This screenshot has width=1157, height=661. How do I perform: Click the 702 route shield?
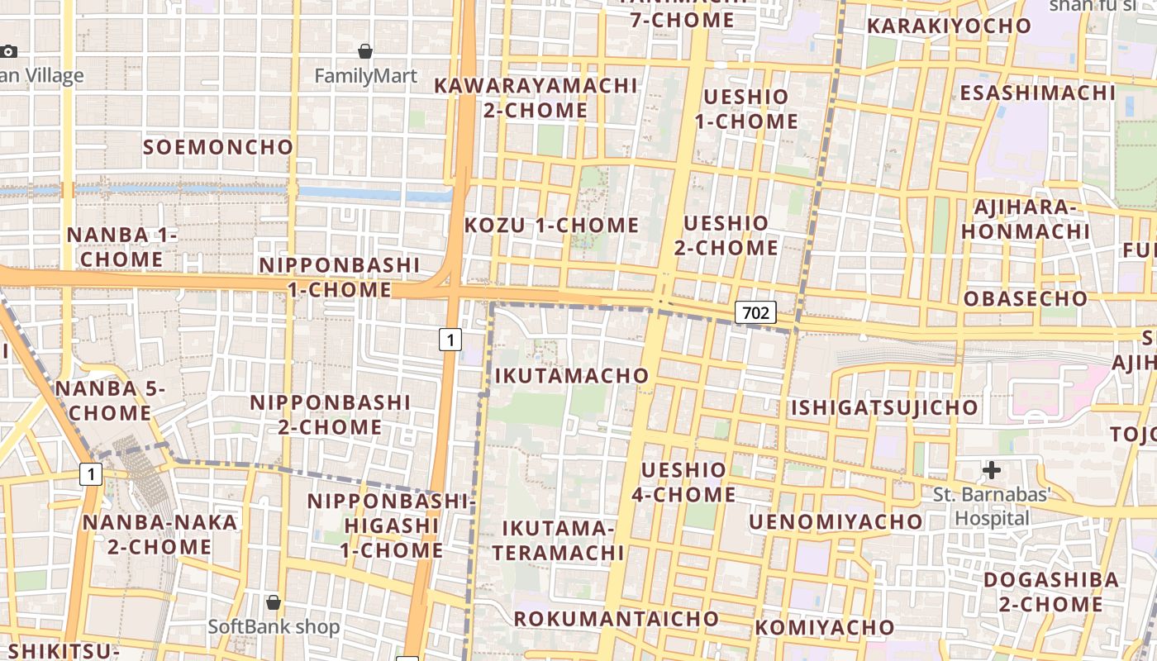tap(755, 312)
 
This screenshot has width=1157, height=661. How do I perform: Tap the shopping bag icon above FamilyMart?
tap(365, 51)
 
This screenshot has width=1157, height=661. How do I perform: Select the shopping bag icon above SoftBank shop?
tap(274, 602)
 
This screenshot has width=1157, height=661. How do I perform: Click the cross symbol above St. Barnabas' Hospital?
tap(991, 470)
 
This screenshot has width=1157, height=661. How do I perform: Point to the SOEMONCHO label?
tap(218, 147)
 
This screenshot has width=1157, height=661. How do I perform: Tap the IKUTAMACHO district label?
tap(572, 376)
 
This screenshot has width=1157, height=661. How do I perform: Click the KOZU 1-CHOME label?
tap(551, 226)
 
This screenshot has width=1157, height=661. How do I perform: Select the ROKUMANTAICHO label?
tap(617, 619)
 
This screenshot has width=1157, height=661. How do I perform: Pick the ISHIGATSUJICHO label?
tap(884, 407)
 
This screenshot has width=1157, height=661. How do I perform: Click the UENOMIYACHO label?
tap(836, 521)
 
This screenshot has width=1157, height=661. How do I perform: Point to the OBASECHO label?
tap(1026, 298)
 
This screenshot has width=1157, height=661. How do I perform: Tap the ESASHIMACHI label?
tap(1037, 93)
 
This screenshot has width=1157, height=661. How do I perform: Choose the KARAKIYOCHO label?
tap(949, 26)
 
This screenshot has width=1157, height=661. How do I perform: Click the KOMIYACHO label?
tap(824, 627)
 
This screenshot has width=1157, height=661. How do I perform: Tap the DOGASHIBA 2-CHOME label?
tap(1050, 592)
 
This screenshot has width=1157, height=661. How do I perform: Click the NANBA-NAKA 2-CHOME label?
tap(160, 535)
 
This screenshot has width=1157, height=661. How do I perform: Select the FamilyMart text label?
tap(366, 76)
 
